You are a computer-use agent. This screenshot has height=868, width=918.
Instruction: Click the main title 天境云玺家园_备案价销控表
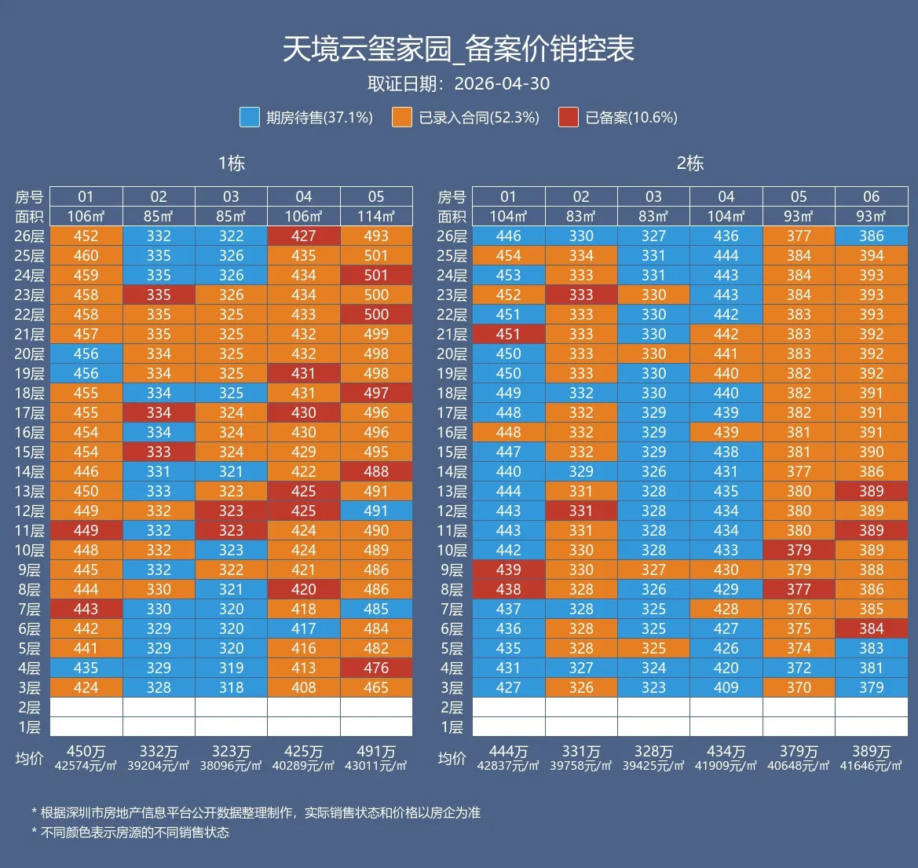point(459,49)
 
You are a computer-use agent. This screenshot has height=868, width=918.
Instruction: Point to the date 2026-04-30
point(502,84)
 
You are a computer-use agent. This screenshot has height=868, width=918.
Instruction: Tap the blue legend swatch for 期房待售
point(250,117)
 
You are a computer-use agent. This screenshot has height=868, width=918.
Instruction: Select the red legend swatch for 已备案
point(569,117)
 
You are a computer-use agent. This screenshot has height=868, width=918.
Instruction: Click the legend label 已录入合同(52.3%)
point(479,118)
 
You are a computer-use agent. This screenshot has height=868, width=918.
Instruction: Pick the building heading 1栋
point(231,163)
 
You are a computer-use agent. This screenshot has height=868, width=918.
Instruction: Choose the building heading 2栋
point(690,163)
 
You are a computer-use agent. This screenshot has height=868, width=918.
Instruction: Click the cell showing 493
point(376,236)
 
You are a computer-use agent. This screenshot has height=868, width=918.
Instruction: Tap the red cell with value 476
point(376,668)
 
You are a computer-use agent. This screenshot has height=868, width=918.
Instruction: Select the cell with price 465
point(376,687)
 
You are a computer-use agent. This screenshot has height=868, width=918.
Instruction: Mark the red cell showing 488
point(376,471)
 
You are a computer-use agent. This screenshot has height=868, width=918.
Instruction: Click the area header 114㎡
point(376,216)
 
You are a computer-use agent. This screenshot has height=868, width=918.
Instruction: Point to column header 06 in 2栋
point(872,197)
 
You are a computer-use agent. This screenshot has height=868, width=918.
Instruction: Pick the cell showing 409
point(726,687)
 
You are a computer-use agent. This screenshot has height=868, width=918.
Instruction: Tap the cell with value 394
point(872,255)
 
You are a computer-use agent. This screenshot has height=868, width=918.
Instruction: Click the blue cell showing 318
point(231,687)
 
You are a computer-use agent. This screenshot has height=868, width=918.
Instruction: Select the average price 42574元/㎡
point(86,766)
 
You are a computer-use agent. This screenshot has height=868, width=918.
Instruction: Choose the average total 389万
point(872,752)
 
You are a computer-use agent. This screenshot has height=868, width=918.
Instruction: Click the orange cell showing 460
point(86,255)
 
